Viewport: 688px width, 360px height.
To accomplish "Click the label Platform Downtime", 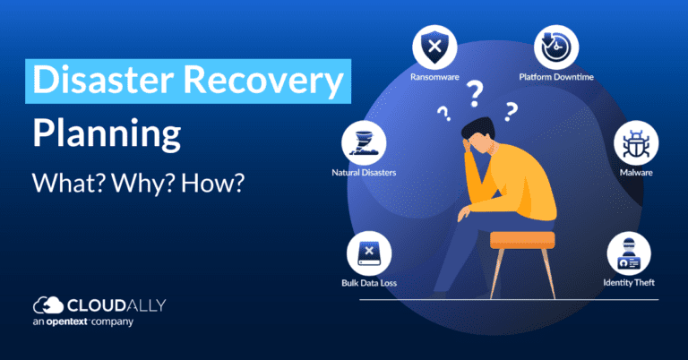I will [555, 77].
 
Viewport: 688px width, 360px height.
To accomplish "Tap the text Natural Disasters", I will [364, 171].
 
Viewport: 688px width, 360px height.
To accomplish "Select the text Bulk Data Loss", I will [369, 283].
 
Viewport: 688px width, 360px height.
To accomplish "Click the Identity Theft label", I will [628, 283].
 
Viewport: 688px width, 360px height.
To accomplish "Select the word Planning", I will [106, 134].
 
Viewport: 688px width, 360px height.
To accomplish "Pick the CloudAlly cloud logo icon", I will [47, 304].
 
